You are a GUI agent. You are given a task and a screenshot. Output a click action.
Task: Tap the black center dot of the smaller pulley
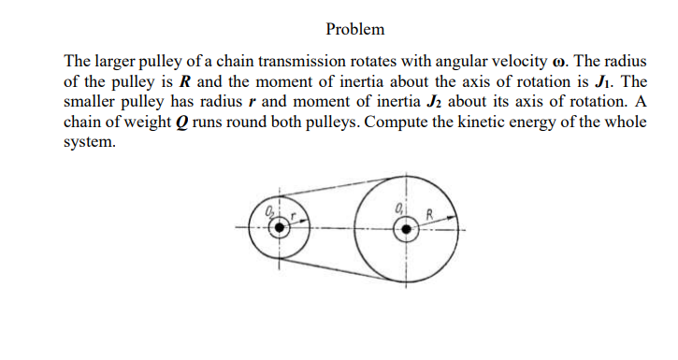coord(275,232)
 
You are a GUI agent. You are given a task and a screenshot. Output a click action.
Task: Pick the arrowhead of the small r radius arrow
coord(300,224)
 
